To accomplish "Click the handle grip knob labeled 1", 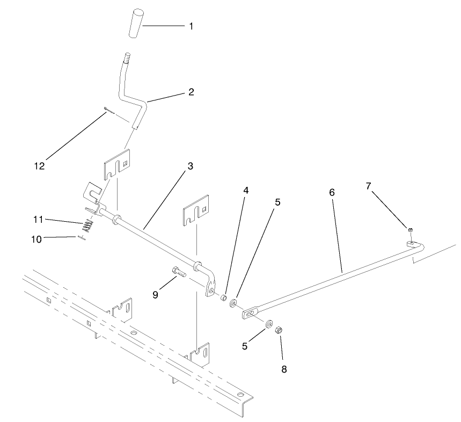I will [136, 23].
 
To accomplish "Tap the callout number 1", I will [191, 26].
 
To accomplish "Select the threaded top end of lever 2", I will [128, 57].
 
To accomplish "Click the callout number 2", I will [191, 92].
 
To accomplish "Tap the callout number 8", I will [284, 369].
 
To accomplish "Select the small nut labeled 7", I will [409, 230].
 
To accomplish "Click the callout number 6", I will [331, 191].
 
